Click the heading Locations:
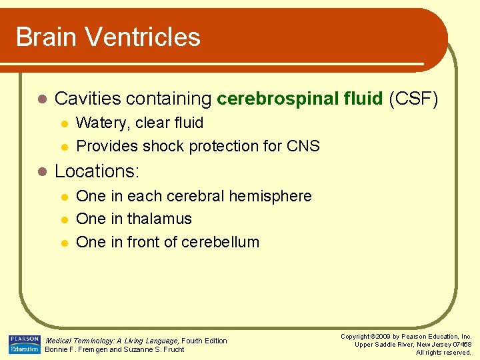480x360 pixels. [x=97, y=171]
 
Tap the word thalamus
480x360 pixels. [x=159, y=219]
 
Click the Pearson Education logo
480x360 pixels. [x=24, y=344]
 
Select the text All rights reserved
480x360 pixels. [x=443, y=353]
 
